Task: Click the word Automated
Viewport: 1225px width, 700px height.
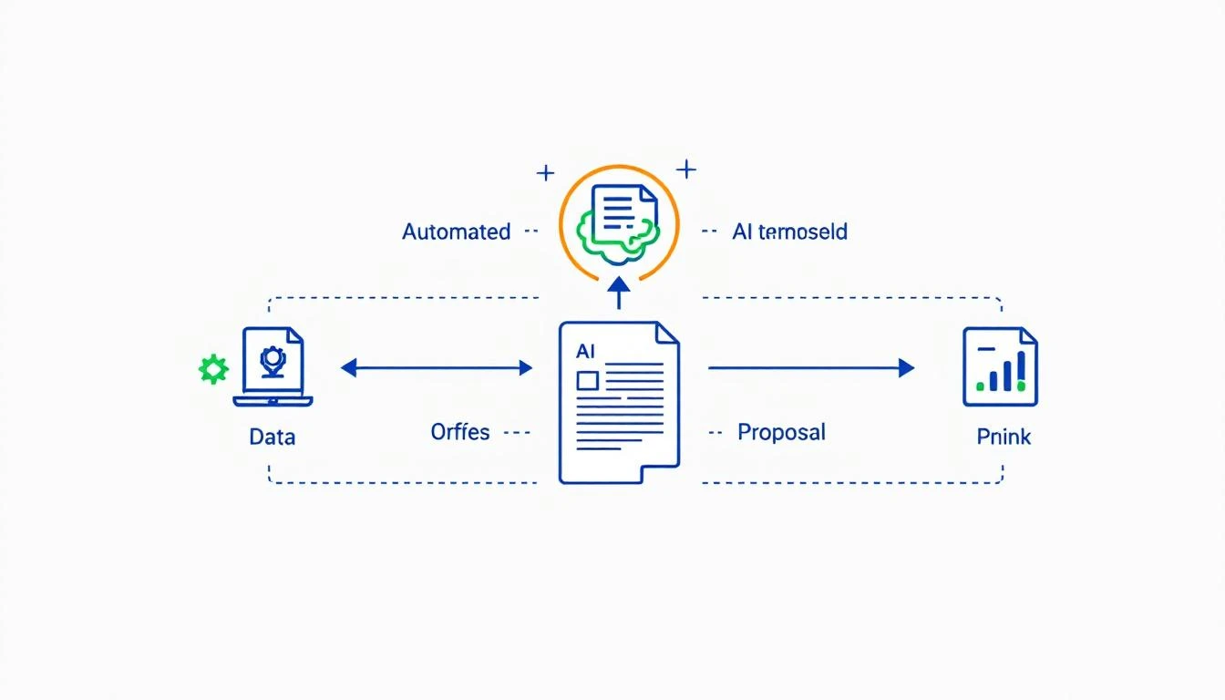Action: point(456,232)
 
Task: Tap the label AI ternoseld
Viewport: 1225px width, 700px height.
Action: point(789,232)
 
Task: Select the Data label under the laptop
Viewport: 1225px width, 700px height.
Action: point(272,437)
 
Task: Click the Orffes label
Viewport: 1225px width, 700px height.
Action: point(459,431)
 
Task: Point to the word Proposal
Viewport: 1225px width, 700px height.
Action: point(781,431)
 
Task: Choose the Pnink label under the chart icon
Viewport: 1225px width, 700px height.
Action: point(1004,437)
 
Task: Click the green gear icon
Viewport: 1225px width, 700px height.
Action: point(213,368)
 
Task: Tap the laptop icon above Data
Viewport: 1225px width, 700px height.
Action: point(273,367)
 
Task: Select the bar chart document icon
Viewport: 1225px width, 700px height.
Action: point(1000,366)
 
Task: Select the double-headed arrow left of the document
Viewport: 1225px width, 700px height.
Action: point(437,367)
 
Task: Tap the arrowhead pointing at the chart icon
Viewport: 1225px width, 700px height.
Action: point(906,367)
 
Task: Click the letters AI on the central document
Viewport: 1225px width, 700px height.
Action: point(585,350)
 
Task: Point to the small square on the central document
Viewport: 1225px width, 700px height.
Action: point(587,379)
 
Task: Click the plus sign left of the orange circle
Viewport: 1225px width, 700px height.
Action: point(545,172)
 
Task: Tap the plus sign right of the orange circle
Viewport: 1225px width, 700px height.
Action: point(685,169)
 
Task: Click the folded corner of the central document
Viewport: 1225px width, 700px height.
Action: point(668,333)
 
